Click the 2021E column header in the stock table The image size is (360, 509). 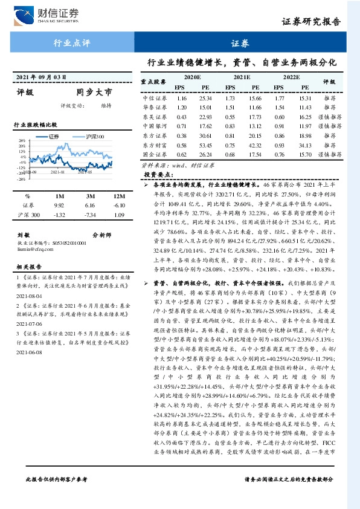242,78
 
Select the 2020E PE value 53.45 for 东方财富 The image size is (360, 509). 205,145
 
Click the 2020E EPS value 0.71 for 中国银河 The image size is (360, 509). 181,126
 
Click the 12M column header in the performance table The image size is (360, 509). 119,196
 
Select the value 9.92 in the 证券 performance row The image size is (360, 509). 59,206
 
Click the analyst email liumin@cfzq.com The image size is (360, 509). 35,247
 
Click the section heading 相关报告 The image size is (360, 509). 28,266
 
